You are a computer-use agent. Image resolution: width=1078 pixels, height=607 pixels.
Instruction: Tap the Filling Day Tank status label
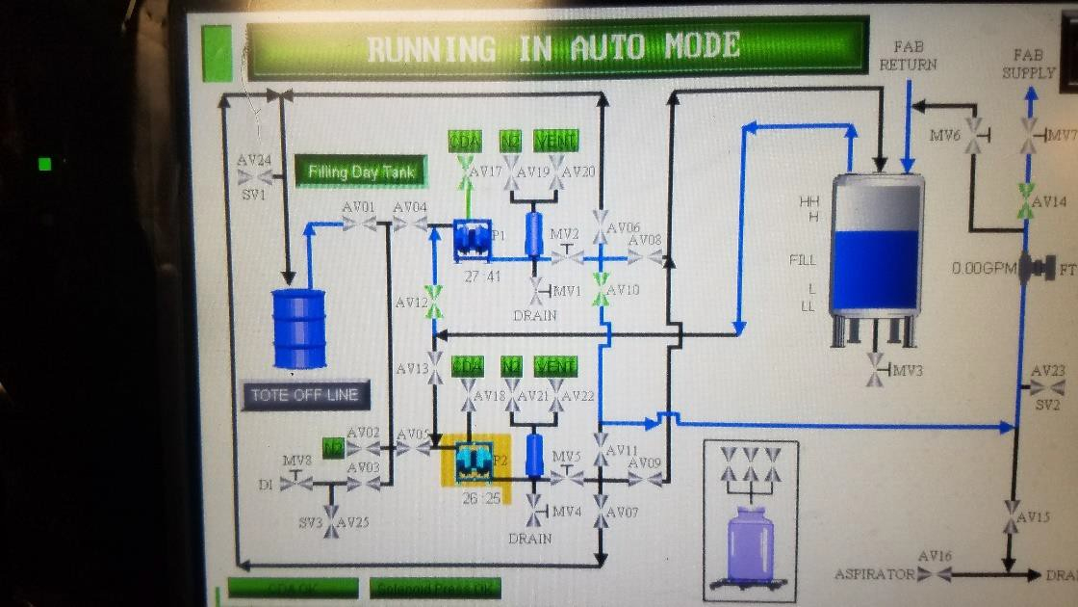[x=362, y=172]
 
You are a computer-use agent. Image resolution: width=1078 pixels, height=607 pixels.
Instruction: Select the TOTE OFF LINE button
[x=304, y=395]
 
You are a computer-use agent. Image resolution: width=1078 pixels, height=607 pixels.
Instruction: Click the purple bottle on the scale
[x=751, y=545]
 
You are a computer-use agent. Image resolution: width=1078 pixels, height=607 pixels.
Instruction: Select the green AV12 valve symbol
[x=434, y=302]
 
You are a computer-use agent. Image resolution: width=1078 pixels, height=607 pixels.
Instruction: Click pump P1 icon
[x=472, y=239]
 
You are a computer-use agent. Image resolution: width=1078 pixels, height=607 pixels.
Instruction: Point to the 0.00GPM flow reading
[x=984, y=268]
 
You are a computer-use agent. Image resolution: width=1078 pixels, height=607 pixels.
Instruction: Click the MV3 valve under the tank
[x=876, y=369]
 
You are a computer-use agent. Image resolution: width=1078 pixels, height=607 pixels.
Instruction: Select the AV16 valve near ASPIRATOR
[x=934, y=574]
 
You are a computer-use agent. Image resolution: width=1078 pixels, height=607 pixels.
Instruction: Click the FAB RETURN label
[x=908, y=56]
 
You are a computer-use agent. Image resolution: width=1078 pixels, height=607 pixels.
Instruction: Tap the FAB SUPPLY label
[x=1028, y=64]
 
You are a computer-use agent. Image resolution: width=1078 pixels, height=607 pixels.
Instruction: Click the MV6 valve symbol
[x=976, y=136]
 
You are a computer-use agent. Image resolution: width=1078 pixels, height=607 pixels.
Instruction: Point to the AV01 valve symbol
[x=359, y=224]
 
